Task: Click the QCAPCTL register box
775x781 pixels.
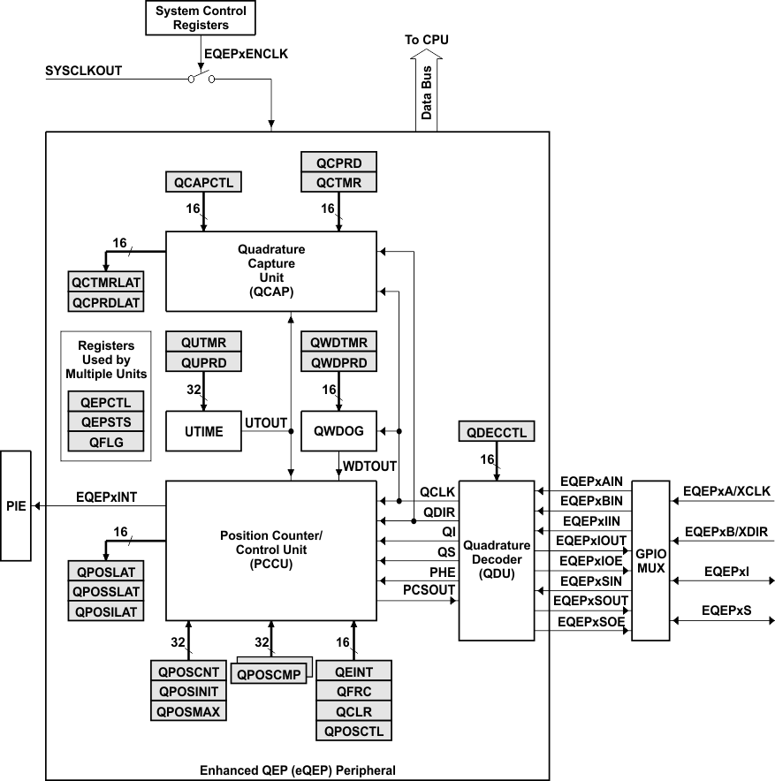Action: pyautogui.click(x=203, y=182)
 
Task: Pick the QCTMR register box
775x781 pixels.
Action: pyautogui.click(x=338, y=182)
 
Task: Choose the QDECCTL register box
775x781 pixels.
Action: pyautogui.click(x=496, y=432)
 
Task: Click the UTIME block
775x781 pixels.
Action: pyautogui.click(x=203, y=431)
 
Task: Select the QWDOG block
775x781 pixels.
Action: pyautogui.click(x=338, y=431)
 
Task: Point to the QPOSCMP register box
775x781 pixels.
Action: pyautogui.click(x=267, y=673)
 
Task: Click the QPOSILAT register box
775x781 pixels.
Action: pyautogui.click(x=105, y=610)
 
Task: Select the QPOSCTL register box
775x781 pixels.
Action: pyautogui.click(x=353, y=731)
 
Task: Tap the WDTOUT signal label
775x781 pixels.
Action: pyautogui.click(x=369, y=464)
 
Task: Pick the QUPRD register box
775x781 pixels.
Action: pyautogui.click(x=203, y=363)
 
